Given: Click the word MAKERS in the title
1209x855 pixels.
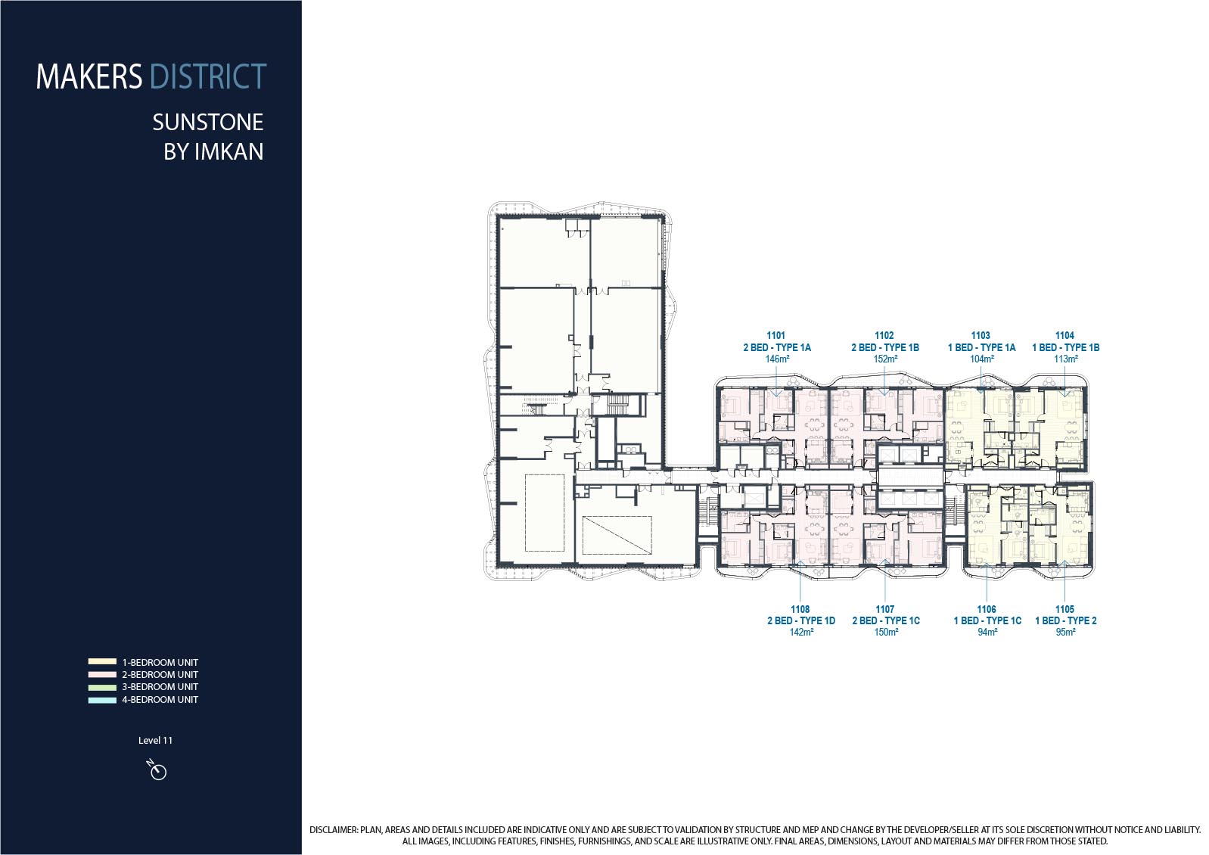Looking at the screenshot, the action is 89,76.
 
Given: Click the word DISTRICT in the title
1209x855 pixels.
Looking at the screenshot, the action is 208,76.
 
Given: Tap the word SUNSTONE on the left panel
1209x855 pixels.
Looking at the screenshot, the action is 208,123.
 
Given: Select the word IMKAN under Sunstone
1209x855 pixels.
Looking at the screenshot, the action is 228,151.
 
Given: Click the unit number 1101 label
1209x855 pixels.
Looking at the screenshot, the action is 776,335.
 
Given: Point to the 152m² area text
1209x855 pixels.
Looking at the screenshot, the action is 885,359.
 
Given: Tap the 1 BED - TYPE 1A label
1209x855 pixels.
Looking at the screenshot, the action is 982,347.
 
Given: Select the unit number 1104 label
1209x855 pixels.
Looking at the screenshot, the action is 1065,335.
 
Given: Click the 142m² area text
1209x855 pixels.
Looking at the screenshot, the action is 801,632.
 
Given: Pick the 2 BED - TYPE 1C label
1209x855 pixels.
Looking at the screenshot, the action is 886,620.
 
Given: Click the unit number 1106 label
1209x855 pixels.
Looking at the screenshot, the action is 987,609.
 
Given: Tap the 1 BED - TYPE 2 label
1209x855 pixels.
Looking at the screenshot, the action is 1065,620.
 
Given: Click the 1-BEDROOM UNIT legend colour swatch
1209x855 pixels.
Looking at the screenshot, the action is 103,662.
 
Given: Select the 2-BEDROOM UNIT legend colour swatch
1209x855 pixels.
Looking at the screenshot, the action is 103,674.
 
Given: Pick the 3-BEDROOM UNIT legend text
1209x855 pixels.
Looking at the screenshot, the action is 160,687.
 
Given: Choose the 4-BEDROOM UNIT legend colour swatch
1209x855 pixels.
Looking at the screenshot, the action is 103,700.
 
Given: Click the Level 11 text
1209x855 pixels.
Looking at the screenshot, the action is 155,741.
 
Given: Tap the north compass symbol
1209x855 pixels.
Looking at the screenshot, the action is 157,770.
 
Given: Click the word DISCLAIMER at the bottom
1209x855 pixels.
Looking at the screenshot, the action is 333,830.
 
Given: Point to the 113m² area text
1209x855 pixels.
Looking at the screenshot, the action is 1065,359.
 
